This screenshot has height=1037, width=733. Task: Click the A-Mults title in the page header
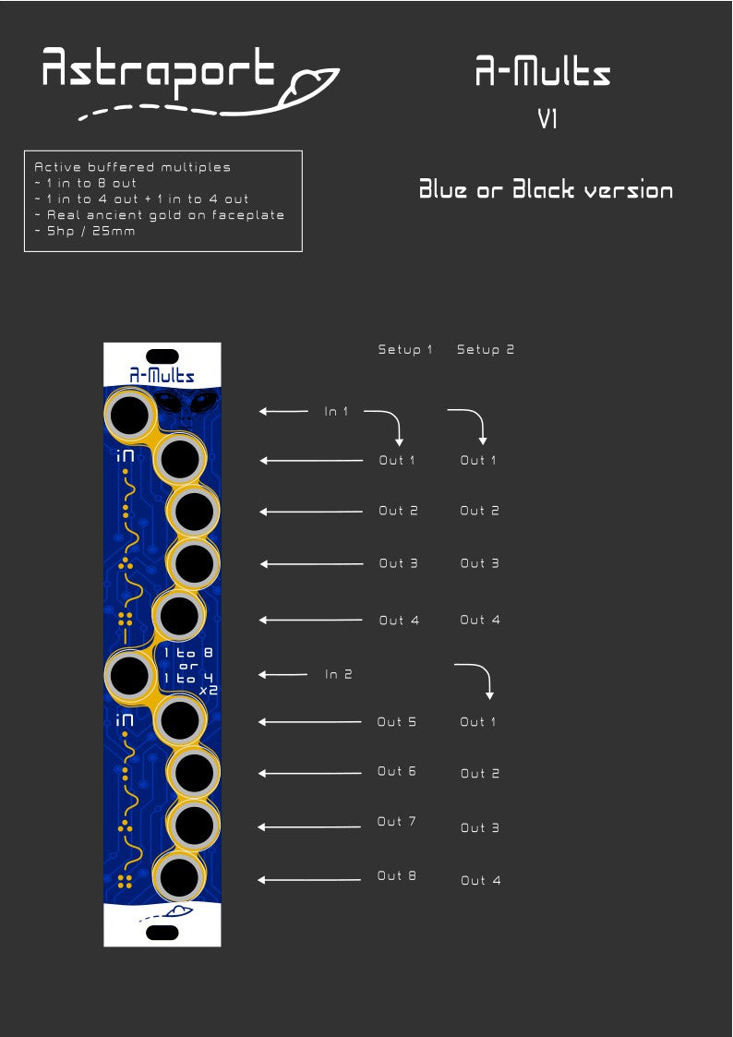pos(543,72)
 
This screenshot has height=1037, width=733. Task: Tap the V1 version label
pos(547,119)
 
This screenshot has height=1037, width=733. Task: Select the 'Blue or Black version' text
pos(546,190)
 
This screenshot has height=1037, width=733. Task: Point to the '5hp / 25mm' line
pos(85,231)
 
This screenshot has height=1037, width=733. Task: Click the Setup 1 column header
pos(405,350)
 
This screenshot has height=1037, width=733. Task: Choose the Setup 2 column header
pos(486,350)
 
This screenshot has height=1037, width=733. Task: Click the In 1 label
pos(337,412)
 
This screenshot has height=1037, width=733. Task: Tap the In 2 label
pos(339,675)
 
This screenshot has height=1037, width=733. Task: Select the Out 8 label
pos(397,875)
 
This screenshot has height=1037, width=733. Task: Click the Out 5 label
pos(397,722)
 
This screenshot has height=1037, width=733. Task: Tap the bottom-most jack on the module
pos(179,877)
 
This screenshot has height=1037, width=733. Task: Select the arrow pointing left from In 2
pos(281,675)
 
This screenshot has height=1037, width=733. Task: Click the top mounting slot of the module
pos(162,356)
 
